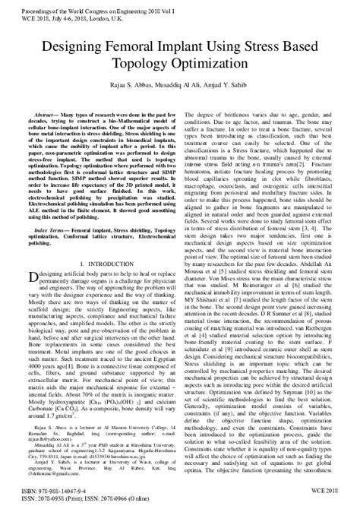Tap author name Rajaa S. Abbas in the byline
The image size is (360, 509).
(114, 84)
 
